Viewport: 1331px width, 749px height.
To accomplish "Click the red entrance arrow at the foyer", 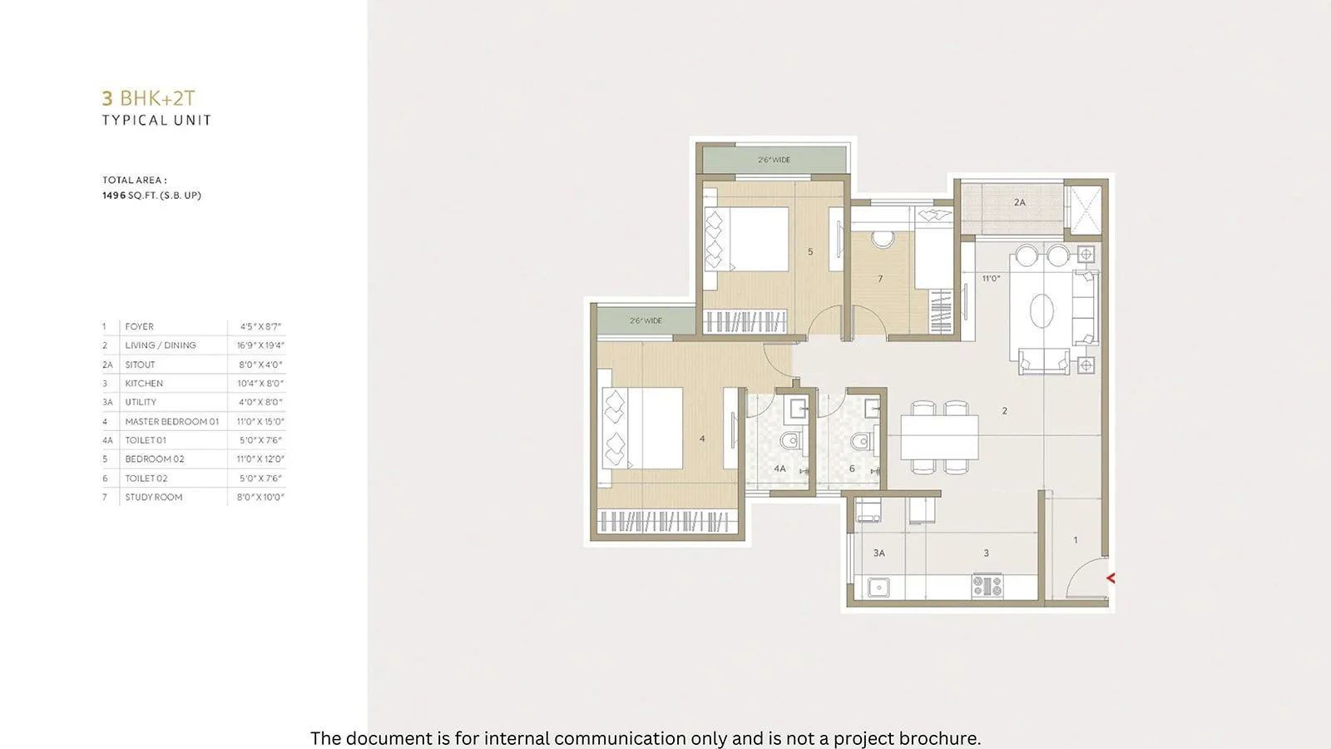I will coord(1109,578).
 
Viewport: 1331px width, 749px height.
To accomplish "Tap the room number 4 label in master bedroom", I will coord(702,439).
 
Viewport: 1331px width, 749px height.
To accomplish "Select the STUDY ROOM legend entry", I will coord(154,497).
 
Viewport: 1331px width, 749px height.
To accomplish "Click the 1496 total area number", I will coord(114,196).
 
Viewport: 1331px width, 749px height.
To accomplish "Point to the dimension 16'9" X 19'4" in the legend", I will coord(260,345).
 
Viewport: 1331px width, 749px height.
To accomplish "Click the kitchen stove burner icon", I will coord(987,586).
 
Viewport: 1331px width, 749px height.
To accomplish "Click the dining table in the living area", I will coord(939,436).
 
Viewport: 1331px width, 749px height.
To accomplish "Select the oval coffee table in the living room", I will coord(1042,311).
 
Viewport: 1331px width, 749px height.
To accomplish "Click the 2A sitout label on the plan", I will coord(1020,202).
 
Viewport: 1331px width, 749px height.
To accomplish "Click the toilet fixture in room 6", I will coord(860,441).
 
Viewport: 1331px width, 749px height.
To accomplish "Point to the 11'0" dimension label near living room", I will coord(991,279).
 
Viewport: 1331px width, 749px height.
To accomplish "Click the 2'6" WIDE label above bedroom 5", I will coord(774,160).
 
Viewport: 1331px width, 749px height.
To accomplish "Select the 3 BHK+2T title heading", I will coord(148,98).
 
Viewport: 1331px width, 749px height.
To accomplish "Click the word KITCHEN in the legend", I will coord(144,384).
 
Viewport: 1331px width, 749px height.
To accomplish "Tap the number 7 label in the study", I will coord(880,279).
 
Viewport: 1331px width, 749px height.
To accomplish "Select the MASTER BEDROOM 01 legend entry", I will coord(171,422).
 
